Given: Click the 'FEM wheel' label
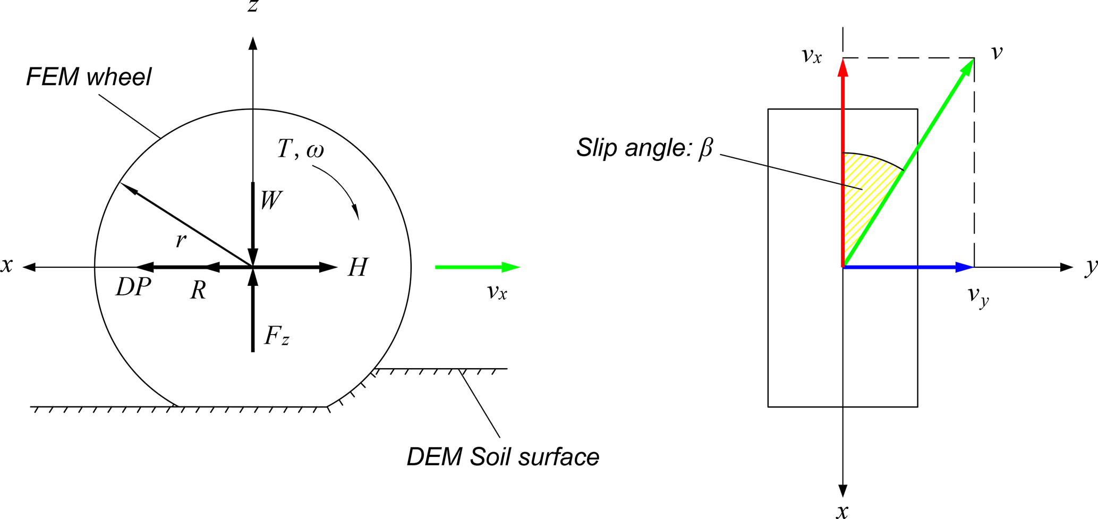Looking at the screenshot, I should [x=89, y=77].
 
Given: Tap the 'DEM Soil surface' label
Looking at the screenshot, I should [x=503, y=457].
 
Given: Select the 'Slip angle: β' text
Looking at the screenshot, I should [x=644, y=148].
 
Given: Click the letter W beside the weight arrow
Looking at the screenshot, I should [x=271, y=200].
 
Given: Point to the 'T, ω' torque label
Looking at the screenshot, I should [x=300, y=149].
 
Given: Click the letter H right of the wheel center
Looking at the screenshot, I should [x=358, y=267].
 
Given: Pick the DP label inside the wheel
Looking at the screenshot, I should [x=133, y=287].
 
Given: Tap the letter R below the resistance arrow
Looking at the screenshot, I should [x=198, y=290].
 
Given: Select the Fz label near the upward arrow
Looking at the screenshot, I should [x=277, y=336].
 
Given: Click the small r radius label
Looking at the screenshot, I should [x=181, y=241].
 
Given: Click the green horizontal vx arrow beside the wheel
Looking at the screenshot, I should [x=476, y=267].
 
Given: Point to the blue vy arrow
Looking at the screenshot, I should [x=908, y=267].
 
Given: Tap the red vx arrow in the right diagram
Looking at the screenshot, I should [x=843, y=159].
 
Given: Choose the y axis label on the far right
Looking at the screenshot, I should [x=1090, y=267].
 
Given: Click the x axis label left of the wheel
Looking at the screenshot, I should [x=7, y=265].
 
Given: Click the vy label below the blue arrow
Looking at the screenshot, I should [x=977, y=295].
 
